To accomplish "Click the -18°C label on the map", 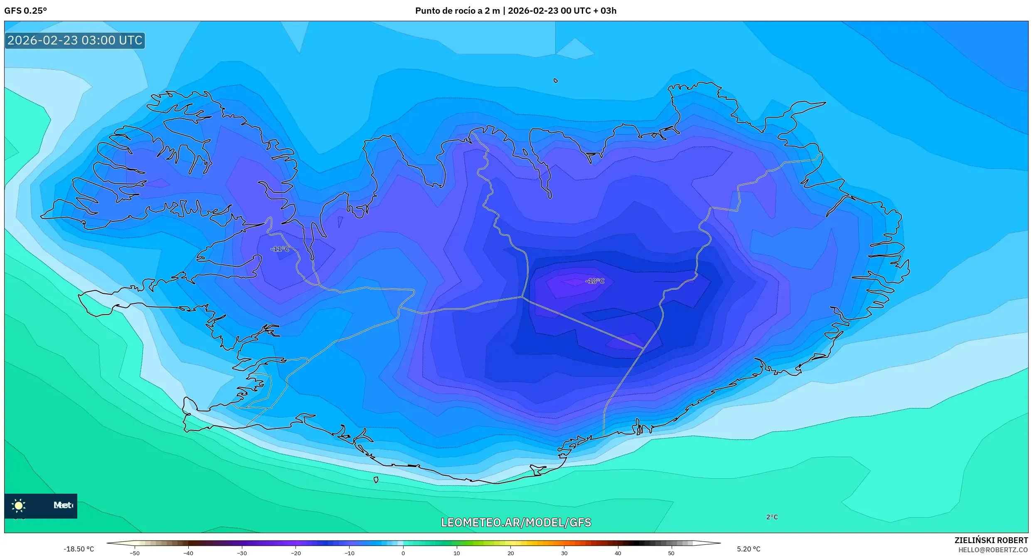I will [x=594, y=281].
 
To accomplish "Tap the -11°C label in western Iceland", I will [x=280, y=249].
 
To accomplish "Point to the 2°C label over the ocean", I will [x=772, y=517].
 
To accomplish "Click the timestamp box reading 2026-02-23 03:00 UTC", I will [x=75, y=40].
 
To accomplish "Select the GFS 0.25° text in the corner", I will [x=25, y=11].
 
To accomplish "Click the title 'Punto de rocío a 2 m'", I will [x=457, y=11].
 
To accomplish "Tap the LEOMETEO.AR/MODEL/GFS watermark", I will [x=516, y=522].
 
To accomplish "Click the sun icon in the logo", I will [x=19, y=505].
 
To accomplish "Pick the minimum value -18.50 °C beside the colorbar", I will [x=79, y=549].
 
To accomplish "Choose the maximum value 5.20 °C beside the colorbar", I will [x=749, y=549].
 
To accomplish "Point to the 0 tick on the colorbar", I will [x=403, y=553].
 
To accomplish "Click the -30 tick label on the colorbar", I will [x=241, y=553].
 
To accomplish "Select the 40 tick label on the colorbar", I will [x=618, y=553].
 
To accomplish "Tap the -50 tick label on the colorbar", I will [x=134, y=553].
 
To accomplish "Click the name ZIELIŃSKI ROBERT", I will [x=991, y=540].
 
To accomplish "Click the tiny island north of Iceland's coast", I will [x=556, y=81].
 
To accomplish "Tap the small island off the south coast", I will [x=376, y=480].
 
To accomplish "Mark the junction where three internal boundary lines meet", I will [x=522, y=297].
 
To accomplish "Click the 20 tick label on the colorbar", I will [x=510, y=553].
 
